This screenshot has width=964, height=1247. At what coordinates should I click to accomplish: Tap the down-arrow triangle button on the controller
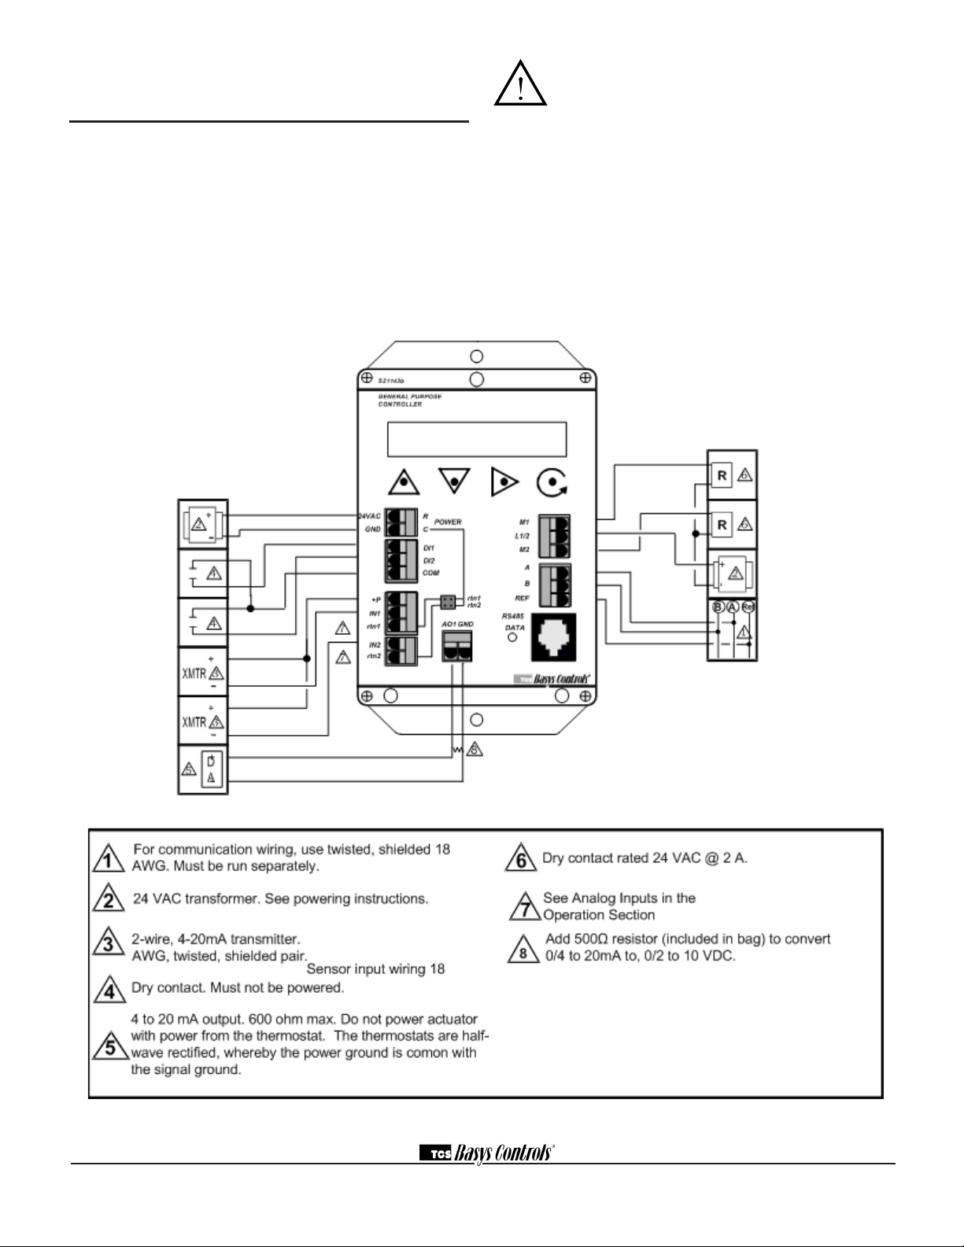coord(455,479)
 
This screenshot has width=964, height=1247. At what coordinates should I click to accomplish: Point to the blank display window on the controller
coord(477,439)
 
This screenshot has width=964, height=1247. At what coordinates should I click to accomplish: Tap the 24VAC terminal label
coord(370,516)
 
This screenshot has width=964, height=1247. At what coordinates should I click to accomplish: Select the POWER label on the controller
coord(448,522)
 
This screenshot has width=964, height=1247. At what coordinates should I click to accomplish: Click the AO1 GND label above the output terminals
coord(457,624)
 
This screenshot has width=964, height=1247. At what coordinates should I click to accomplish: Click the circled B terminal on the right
coord(718,607)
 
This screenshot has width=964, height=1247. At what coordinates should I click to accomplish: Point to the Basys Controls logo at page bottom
coord(487,1153)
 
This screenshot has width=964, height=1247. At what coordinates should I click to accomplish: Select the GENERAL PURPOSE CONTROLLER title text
coord(410,400)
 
